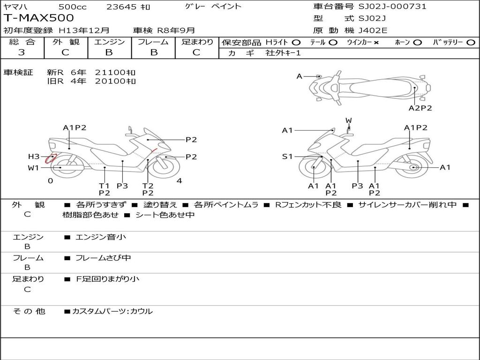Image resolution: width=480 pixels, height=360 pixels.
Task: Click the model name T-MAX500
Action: click(38, 18)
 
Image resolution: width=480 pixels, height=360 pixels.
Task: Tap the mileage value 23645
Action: click(121, 7)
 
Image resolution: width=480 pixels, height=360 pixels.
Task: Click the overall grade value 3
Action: click(22, 52)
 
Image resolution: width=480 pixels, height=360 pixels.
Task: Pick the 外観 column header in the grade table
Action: click(66, 42)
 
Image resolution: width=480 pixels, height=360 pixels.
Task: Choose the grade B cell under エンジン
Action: click(109, 52)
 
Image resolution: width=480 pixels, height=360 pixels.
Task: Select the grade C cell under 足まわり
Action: click(196, 52)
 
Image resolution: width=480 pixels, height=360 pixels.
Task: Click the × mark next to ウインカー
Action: click(376, 42)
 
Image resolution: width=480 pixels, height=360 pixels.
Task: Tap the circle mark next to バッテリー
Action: click(471, 42)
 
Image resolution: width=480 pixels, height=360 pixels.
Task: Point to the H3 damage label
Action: click(34, 157)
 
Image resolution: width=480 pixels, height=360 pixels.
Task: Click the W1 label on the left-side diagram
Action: click(33, 168)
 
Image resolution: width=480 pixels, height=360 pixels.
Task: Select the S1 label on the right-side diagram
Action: click(287, 157)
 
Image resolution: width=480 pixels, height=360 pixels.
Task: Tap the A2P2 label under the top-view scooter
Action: click(420, 108)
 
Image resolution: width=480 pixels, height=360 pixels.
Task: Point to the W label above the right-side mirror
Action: click(349, 120)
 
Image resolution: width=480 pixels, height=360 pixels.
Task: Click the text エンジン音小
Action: click(101, 237)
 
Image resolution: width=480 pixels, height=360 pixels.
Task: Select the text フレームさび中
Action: click(103, 258)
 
